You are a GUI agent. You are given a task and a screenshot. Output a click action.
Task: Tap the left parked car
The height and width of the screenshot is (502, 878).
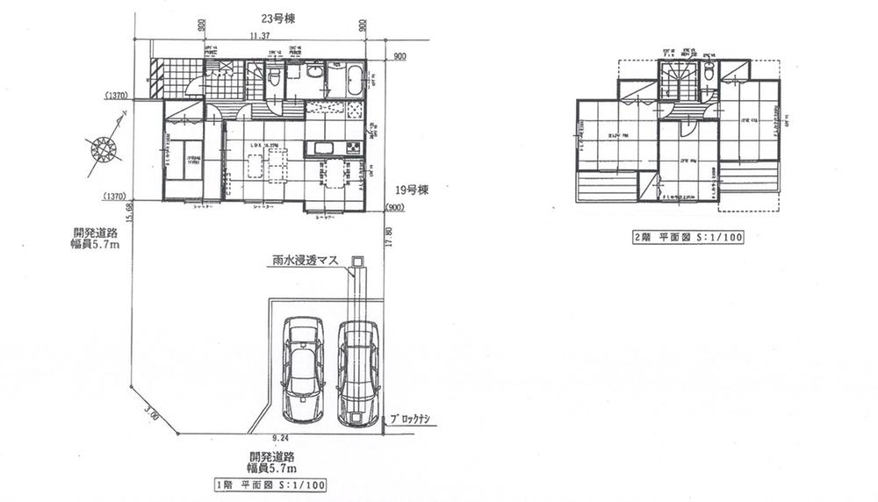(301, 369)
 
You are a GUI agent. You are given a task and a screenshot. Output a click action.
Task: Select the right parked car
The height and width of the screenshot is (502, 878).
(358, 372)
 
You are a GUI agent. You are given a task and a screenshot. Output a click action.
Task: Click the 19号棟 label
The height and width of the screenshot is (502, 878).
(410, 190)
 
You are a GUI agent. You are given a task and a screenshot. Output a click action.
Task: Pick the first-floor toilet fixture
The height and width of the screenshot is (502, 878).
(272, 77)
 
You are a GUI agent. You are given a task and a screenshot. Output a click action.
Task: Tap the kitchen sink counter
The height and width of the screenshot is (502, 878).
(323, 149)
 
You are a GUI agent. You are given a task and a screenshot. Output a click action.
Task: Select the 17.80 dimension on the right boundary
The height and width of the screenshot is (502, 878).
(387, 237)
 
